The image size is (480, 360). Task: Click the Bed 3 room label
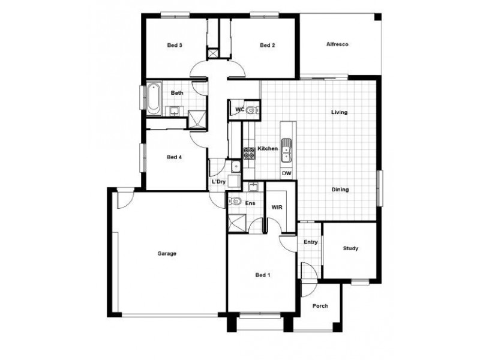[175, 45]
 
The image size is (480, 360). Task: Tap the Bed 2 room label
[267, 45]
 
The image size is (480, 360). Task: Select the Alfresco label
[337, 45]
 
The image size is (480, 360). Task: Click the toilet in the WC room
[251, 110]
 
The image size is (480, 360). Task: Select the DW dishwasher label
[286, 173]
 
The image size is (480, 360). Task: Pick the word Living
[340, 112]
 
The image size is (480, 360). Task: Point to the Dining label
[340, 190]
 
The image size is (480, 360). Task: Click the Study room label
[350, 248]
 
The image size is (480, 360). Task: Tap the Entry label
[310, 242]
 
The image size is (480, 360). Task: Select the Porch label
[320, 306]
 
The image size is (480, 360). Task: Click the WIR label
[277, 207]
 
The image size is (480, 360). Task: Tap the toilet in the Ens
[236, 202]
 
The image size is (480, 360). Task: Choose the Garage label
[167, 254]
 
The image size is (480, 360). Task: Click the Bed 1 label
[263, 275]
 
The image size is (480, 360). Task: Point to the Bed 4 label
[174, 157]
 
